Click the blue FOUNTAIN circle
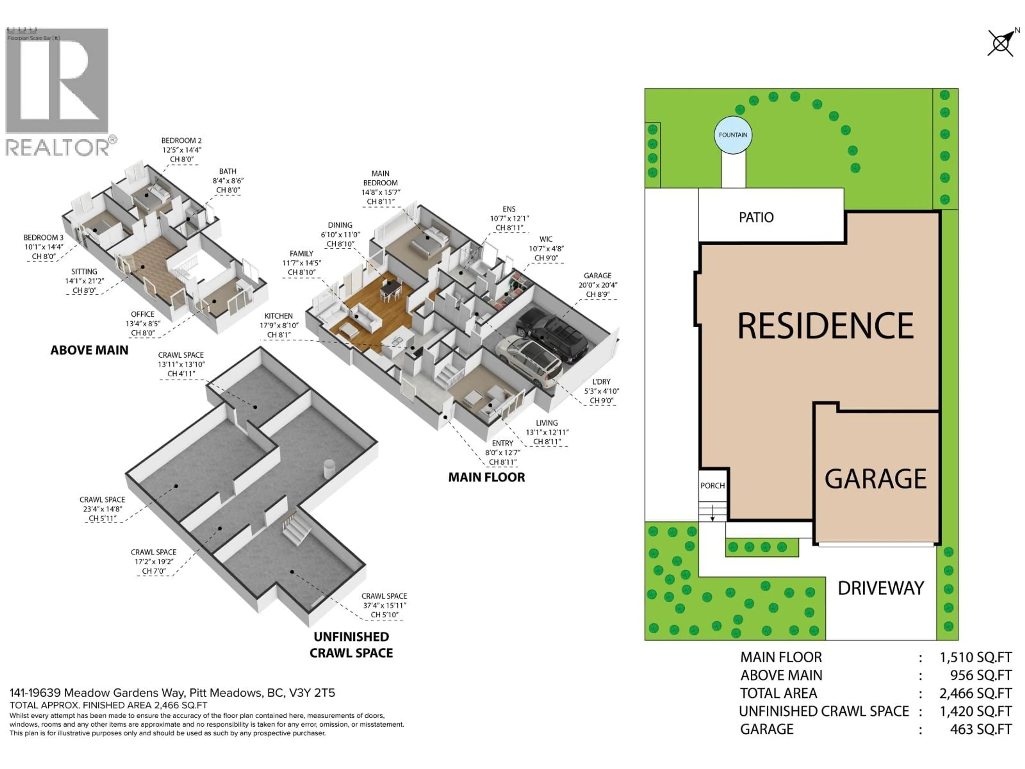coord(733,135)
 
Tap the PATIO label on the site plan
coord(756,217)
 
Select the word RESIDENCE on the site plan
coord(825,326)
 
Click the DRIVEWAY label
coord(880,588)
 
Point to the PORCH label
coord(712,486)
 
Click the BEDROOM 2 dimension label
coord(181,150)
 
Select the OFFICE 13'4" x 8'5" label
coord(143,324)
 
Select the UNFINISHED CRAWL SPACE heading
coord(351,645)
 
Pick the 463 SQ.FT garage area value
coord(980,729)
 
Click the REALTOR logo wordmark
coord(58,147)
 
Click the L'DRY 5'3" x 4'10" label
coord(601,391)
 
